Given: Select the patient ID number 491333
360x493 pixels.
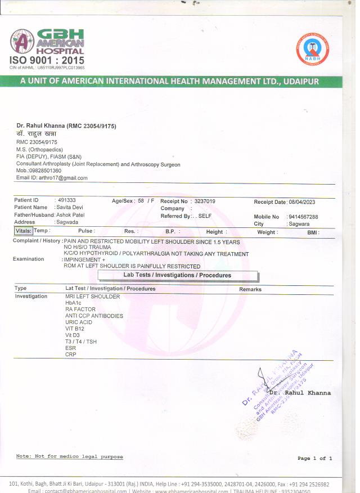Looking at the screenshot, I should pos(67,200).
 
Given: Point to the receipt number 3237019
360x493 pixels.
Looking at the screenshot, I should pos(204,201).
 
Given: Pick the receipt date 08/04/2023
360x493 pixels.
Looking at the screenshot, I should pos(302,201).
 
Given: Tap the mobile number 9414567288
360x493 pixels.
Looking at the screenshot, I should pos(303,217).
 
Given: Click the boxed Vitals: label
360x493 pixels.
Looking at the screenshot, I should pos(24,231).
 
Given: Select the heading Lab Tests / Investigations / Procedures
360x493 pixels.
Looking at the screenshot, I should pos(177,275).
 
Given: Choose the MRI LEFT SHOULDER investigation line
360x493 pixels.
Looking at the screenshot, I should pos(92,296).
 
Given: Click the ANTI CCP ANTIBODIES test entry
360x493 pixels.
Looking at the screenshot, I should pos(94,316).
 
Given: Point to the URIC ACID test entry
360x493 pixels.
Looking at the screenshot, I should pos(80,322).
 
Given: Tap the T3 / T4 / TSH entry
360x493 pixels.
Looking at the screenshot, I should pos(81,342).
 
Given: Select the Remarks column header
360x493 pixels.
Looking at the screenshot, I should pos(250,289).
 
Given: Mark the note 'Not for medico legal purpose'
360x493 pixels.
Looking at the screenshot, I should pos(69,456).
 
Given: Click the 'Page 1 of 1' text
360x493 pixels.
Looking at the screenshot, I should pos(315,459).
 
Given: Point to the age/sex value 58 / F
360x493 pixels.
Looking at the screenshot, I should pos(146,201).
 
